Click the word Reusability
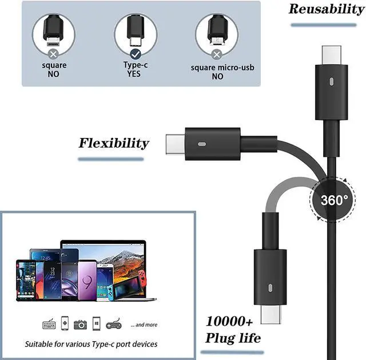click(326, 9)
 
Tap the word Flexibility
click(113, 143)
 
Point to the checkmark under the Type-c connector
click(136, 54)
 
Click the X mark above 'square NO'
click(53, 54)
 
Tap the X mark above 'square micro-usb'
click(217, 54)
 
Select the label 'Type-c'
click(136, 65)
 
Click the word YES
click(136, 74)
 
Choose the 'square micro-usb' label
click(222, 68)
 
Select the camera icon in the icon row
click(81, 325)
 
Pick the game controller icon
click(114, 325)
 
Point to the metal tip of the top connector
click(331, 54)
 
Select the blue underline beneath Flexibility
click(110, 159)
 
